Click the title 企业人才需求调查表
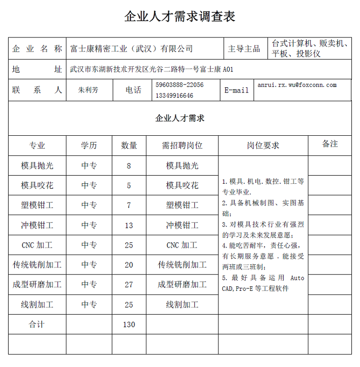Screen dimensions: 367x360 click(180, 17)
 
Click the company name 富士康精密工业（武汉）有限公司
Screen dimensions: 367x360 click(132, 48)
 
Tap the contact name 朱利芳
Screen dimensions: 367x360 click(88, 90)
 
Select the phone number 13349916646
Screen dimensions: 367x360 click(174, 95)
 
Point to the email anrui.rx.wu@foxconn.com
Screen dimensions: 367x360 click(297, 85)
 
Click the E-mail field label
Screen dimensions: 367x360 click(237, 90)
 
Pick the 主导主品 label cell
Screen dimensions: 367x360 click(244, 48)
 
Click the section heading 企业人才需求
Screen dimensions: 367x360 click(180, 118)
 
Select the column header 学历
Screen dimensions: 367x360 click(89, 145)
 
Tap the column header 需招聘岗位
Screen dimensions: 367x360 click(182, 145)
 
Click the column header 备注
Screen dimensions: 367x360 click(330, 144)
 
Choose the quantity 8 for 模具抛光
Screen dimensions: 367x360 click(129, 166)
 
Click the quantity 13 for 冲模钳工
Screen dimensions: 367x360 click(129, 225)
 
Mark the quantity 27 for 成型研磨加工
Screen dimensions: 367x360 click(129, 284)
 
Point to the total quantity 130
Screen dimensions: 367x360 click(129, 324)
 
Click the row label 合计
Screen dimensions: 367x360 click(37, 324)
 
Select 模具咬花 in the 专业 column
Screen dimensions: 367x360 click(37, 186)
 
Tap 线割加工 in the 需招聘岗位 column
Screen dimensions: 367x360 click(182, 305)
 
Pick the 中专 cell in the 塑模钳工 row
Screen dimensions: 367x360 click(89, 205)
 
